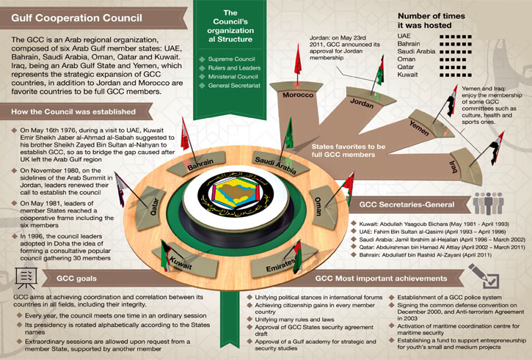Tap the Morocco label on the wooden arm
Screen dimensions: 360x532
[x=299, y=96]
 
